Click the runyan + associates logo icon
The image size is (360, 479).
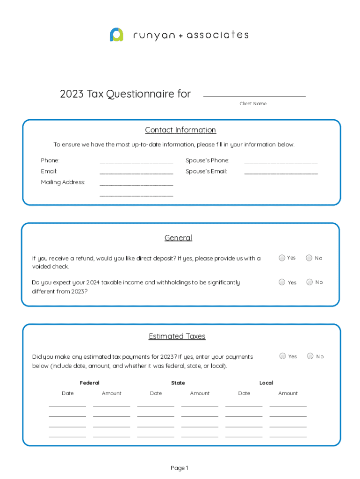click(x=116, y=35)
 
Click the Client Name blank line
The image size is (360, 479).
click(x=254, y=95)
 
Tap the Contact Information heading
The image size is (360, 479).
click(x=180, y=130)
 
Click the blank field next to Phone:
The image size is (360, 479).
click(x=136, y=161)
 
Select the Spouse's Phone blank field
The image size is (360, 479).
click(x=281, y=161)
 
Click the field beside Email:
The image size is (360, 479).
click(x=136, y=172)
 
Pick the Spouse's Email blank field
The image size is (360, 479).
click(x=281, y=172)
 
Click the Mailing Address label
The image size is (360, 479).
click(x=63, y=182)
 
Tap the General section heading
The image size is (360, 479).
click(x=178, y=238)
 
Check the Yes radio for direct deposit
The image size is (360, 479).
click(x=282, y=258)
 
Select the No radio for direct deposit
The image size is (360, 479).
click(x=309, y=258)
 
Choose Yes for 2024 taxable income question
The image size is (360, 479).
click(x=282, y=282)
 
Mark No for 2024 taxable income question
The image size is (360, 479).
click(x=309, y=282)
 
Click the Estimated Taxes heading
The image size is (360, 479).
click(x=177, y=336)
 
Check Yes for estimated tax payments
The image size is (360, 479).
click(x=283, y=356)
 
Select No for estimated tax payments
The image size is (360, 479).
click(x=310, y=356)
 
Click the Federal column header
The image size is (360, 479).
click(x=90, y=383)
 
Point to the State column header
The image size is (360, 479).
click(x=178, y=383)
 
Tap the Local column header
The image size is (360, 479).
click(x=266, y=383)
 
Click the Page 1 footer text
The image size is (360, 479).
click(x=180, y=468)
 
